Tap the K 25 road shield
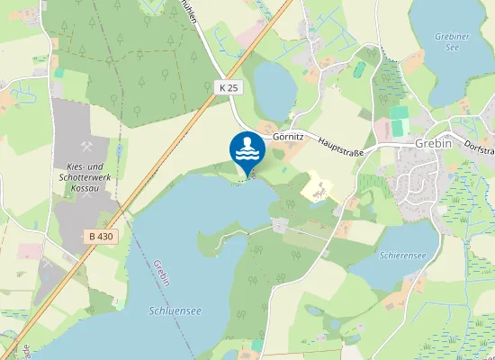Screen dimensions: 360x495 pos(227,87)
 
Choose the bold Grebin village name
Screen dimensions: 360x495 pos(432,143)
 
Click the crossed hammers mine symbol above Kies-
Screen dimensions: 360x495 pos(87,147)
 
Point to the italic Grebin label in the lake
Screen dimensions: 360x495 pos(161,274)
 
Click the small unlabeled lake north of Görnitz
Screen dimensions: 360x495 pos(274,87)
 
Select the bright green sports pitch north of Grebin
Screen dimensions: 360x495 pos(399,121)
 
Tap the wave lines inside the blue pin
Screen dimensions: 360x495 pos(247,154)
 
